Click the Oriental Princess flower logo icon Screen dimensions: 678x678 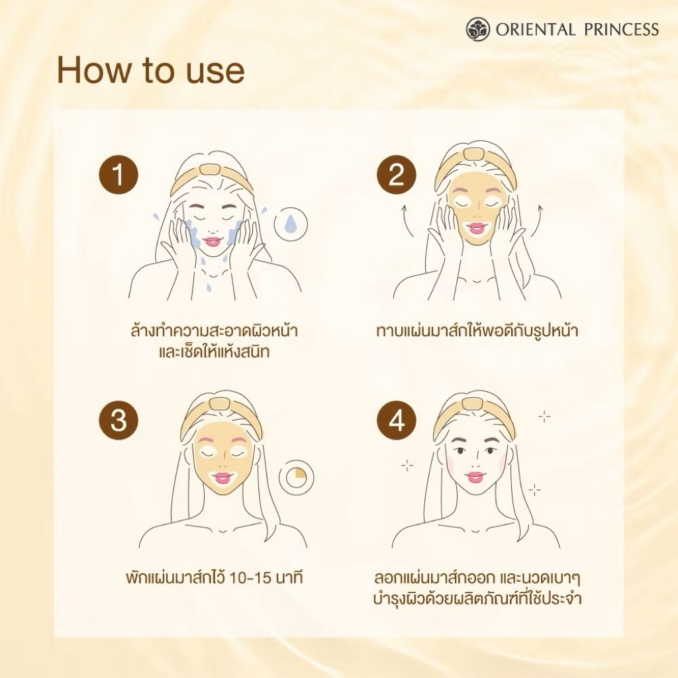pos(478,29)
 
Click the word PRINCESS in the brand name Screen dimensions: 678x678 pos(621,30)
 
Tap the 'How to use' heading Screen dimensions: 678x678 pos(151,70)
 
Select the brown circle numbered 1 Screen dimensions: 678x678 pos(119,175)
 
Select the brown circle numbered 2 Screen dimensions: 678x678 pos(396,175)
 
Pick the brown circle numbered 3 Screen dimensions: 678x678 pos(119,420)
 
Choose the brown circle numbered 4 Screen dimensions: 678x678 pos(396,420)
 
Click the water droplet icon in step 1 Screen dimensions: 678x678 pos(291,224)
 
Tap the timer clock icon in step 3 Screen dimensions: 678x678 pos(296,477)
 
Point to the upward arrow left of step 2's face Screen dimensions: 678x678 pos(407,221)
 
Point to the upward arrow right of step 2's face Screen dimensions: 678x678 pos(537,221)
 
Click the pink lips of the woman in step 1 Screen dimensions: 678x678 pos(213,241)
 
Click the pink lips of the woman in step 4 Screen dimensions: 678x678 pos(474,477)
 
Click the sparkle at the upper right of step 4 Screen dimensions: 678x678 pos(544,417)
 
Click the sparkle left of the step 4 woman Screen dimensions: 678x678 pos(407,465)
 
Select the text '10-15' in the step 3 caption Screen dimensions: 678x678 pos(251,577)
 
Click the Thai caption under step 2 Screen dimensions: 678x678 pos(477,331)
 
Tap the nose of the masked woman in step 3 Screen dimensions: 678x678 pos(222,461)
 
